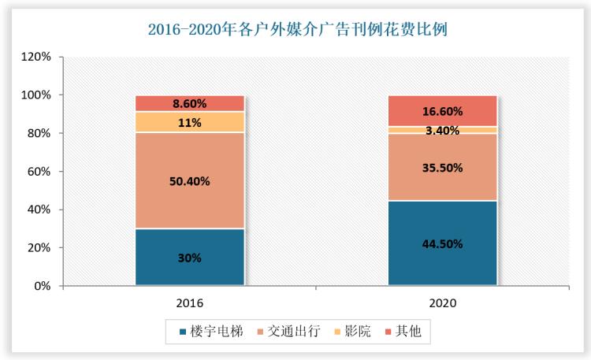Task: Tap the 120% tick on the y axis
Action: click(x=36, y=58)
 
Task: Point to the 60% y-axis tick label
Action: click(x=36, y=172)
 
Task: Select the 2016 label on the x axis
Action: click(x=190, y=302)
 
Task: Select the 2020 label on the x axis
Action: click(x=442, y=302)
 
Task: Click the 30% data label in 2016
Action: click(x=190, y=258)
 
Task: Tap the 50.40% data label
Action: click(x=190, y=180)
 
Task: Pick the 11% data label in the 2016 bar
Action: click(x=190, y=122)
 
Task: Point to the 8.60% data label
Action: click(x=190, y=103)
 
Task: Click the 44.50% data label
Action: click(x=442, y=243)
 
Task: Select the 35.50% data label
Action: click(x=442, y=168)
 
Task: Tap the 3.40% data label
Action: click(x=442, y=131)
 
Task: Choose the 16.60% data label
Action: click(x=442, y=111)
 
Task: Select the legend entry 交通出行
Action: click(x=293, y=332)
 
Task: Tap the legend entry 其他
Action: click(x=409, y=332)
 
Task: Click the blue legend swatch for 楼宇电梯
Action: click(x=184, y=332)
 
